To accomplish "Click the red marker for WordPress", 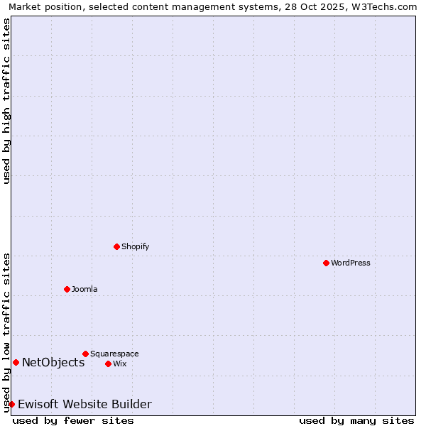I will [x=326, y=263].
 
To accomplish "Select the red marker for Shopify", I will [x=116, y=246].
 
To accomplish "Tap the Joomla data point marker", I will [x=67, y=289].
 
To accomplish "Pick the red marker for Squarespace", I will [x=85, y=354].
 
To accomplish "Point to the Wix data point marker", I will [x=108, y=364].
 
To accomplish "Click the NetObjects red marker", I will [x=16, y=362].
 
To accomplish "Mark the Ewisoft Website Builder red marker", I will [x=11, y=404].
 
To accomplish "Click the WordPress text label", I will [x=351, y=263].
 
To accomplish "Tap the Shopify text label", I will [x=135, y=246].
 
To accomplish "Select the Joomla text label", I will [x=84, y=289].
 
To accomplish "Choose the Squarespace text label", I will [x=114, y=354].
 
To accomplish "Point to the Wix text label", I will [x=120, y=364].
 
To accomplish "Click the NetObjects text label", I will [x=53, y=362].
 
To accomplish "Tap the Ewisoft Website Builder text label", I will [x=84, y=404].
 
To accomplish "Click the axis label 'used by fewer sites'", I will [x=73, y=420].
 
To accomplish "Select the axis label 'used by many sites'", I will [x=356, y=420].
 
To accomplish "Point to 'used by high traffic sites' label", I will [x=6, y=101].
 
